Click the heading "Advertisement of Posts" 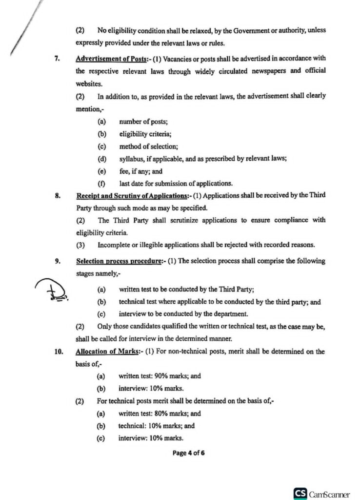point(108,59)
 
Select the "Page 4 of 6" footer point(188,453)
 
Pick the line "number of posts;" point(143,122)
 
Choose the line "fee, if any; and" point(141,171)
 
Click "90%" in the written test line point(161,376)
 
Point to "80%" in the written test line point(161,413)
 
